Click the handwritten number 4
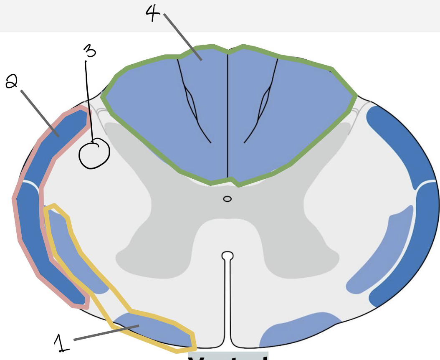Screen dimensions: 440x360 point(152,12)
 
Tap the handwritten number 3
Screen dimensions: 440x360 point(89,51)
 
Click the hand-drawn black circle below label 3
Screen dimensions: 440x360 point(94,154)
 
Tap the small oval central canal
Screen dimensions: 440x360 point(227,199)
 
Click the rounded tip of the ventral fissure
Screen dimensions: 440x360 point(227,255)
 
